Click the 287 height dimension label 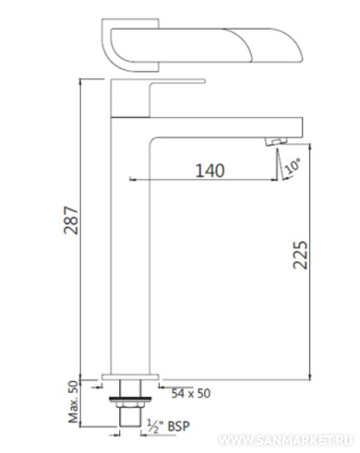click(x=71, y=221)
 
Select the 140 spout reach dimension click(x=210, y=171)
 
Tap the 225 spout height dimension click(x=300, y=255)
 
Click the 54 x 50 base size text click(x=191, y=393)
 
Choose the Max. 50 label click(x=73, y=401)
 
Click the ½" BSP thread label click(x=168, y=426)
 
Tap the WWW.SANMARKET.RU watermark click(x=285, y=440)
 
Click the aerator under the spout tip click(x=276, y=141)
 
